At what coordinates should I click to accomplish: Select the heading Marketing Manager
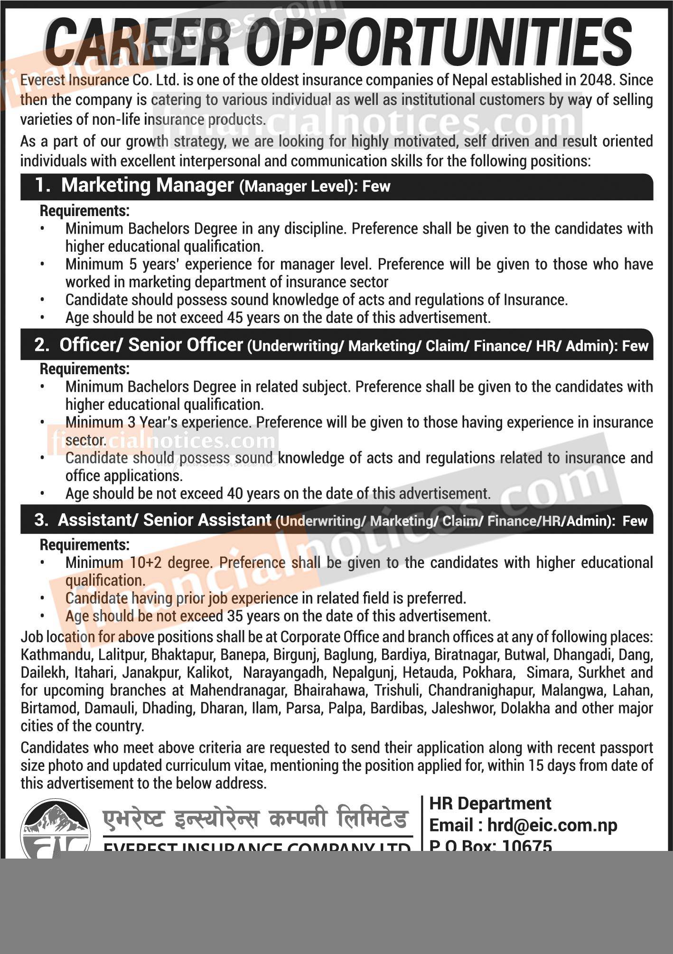pos(147,185)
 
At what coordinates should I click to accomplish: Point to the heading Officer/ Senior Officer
pos(151,345)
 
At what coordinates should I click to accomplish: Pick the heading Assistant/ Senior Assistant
pos(164,520)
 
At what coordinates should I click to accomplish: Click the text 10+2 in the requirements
pos(147,563)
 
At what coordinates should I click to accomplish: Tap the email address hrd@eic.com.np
pos(552,825)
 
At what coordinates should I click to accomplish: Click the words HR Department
pos(490,803)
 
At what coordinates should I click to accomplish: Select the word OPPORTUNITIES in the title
pos(439,43)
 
